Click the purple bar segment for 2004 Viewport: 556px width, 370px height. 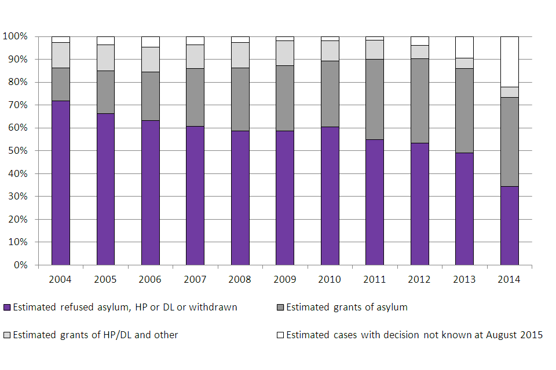60,183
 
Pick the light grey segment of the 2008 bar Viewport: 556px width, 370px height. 240,55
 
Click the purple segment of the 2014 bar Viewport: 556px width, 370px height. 509,225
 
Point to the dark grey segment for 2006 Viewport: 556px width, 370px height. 150,96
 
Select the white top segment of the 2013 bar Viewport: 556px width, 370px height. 464,47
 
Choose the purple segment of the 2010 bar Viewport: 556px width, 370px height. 330,195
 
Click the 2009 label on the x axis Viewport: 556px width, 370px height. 285,279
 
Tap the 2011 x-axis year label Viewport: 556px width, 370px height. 375,279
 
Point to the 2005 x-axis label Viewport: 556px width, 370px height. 105,279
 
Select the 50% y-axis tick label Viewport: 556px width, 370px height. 17,151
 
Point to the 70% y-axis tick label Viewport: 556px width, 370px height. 17,105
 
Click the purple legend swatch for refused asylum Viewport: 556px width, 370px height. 7,308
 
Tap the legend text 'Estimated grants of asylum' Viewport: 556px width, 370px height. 346,308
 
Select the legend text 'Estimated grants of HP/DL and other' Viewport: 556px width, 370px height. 96,335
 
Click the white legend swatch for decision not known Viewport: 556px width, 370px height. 280,335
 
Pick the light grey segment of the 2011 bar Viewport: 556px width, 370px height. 375,50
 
